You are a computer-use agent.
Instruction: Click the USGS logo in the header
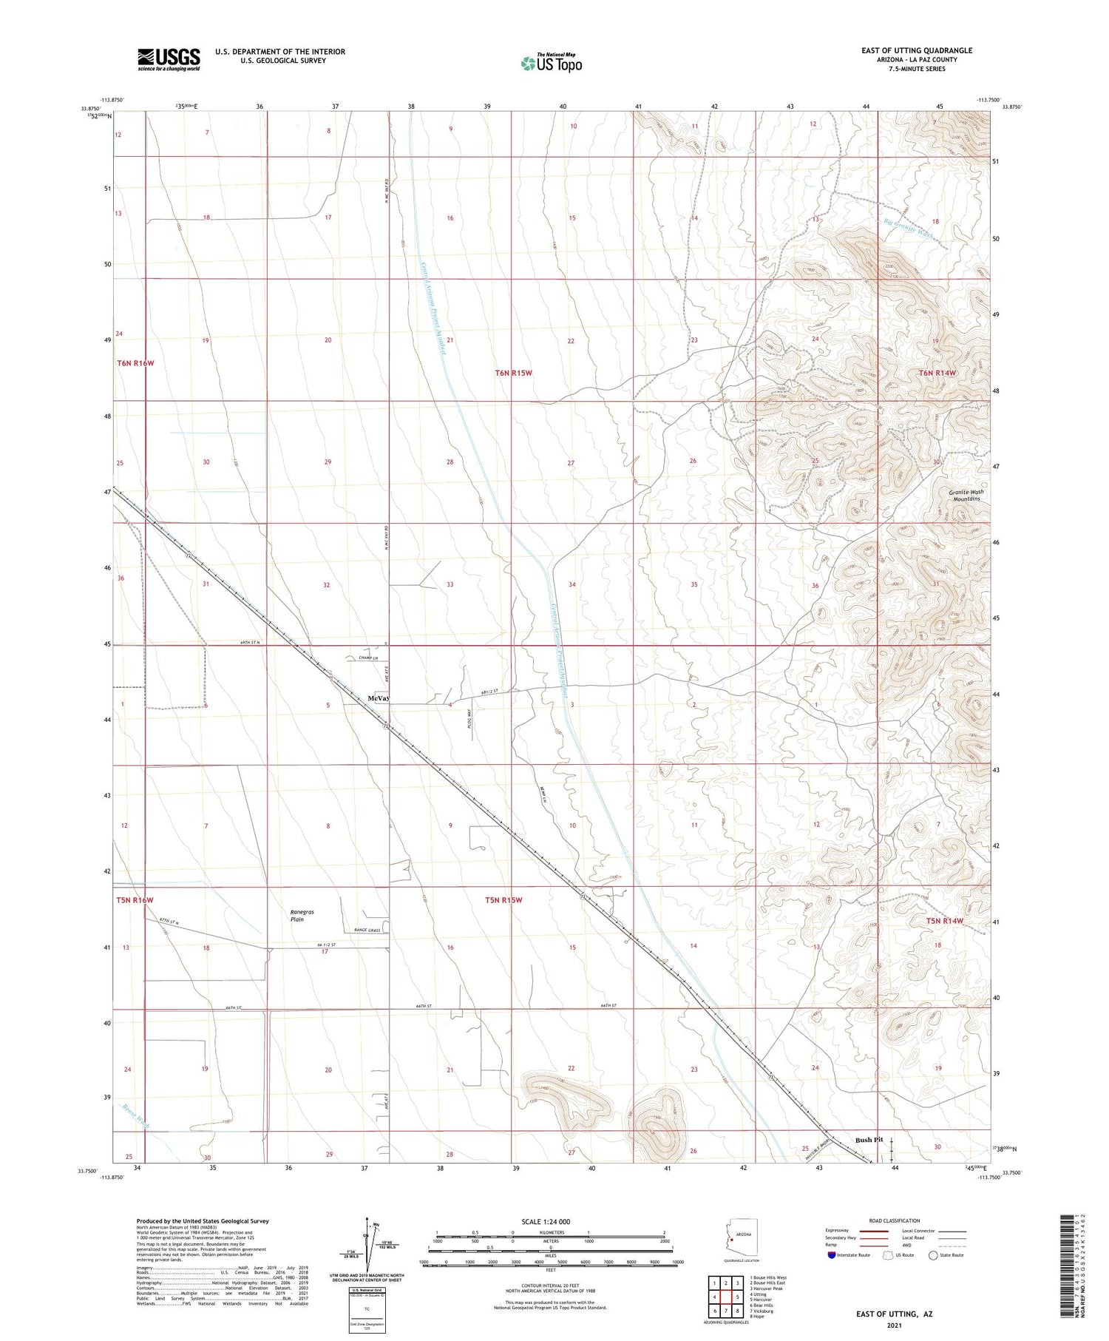[169, 59]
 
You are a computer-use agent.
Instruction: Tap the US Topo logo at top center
[552, 63]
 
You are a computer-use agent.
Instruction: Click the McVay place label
[379, 698]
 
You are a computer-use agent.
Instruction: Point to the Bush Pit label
[869, 1140]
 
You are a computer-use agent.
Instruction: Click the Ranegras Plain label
[302, 916]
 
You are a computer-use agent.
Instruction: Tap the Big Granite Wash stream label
[909, 226]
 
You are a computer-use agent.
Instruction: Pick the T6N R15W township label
[514, 373]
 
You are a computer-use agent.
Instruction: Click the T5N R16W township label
[135, 900]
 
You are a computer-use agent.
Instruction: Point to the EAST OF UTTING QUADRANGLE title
[917, 50]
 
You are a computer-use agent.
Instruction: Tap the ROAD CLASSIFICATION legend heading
[895, 1220]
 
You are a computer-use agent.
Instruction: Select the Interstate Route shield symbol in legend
[831, 1255]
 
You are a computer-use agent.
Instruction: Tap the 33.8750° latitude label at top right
[1010, 107]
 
